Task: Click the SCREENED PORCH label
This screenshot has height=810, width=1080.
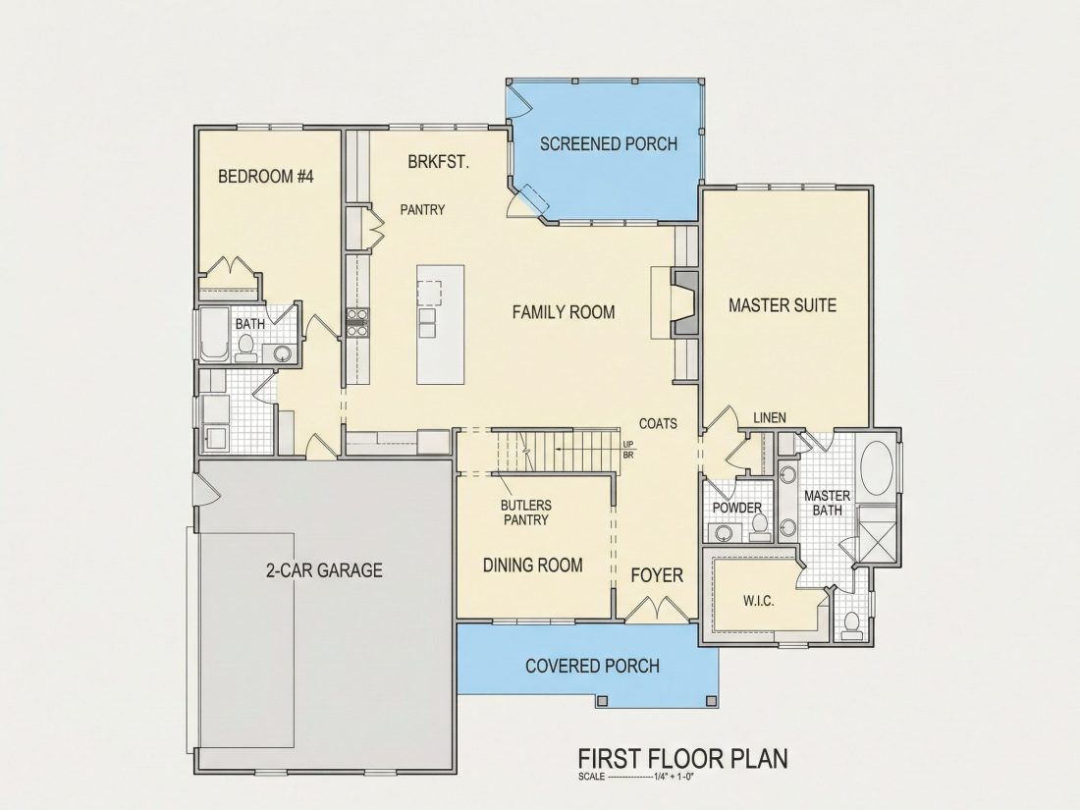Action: coord(608,144)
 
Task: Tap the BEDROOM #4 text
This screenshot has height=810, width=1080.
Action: coord(266,177)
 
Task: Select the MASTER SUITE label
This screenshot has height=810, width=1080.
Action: coord(783,305)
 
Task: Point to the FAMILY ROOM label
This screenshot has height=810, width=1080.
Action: coord(564,312)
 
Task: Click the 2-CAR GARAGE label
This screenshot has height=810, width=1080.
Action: coord(324,570)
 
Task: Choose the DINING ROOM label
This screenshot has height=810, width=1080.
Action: coord(532,566)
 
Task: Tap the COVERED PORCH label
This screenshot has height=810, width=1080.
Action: coord(592,666)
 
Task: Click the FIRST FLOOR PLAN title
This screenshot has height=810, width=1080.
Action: coord(682,758)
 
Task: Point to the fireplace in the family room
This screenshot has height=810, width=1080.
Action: coord(684,303)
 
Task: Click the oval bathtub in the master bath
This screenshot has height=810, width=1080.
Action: coord(877,467)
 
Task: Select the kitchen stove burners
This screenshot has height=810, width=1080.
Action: coord(356,323)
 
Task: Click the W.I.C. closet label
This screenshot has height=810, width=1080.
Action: coord(758,601)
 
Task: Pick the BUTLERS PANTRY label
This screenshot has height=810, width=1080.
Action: coord(525,513)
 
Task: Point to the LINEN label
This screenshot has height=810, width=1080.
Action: coord(770,418)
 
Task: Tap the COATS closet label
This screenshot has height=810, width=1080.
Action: coord(658,423)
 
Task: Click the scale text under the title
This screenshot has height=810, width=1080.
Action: coord(635,777)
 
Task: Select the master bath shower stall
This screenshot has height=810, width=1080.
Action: coord(877,535)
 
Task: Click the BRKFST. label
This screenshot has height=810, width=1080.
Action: coord(439,163)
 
